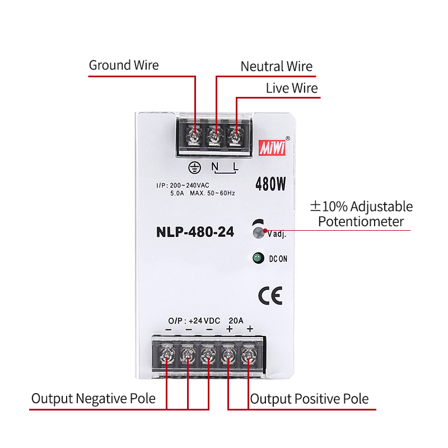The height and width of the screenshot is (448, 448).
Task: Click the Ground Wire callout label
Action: click(x=124, y=65)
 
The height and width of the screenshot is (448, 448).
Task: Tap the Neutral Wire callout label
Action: click(x=276, y=66)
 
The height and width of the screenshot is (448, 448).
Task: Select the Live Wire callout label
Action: click(x=291, y=88)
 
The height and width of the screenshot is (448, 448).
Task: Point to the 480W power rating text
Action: click(x=271, y=184)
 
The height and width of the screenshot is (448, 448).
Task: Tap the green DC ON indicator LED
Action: click(x=258, y=258)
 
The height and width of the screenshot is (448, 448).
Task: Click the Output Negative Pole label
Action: click(x=93, y=399)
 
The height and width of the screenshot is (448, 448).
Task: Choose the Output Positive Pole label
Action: click(x=309, y=399)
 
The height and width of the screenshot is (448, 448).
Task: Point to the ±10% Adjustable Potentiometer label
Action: click(x=361, y=213)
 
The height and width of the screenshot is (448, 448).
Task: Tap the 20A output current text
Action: click(x=236, y=321)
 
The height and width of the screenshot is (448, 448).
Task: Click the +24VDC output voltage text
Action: click(x=204, y=321)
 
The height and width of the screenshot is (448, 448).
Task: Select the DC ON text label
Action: click(x=278, y=259)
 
